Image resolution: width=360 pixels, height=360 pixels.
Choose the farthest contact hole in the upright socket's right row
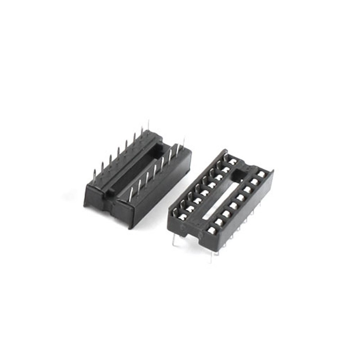[x=262, y=175]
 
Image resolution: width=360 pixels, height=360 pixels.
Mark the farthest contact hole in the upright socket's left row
[x=233, y=162]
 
